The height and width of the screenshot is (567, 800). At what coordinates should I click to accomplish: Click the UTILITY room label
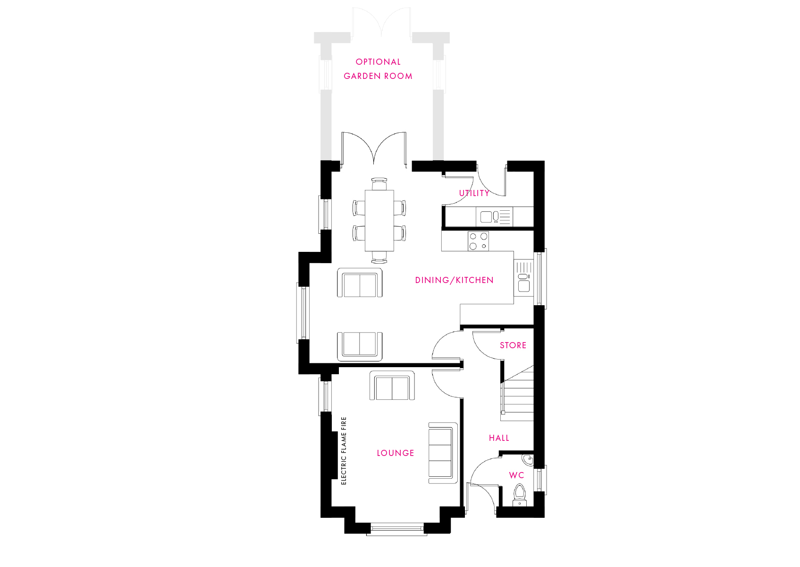474,193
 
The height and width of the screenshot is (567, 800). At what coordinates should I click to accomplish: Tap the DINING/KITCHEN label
455,280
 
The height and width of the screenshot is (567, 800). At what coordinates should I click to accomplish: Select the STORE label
513,345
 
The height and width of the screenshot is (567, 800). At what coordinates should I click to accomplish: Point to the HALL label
499,438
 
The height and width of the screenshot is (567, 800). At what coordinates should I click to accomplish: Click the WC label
516,475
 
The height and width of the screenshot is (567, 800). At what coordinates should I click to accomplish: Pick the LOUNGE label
396,453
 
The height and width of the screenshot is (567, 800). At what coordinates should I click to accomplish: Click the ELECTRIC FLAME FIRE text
344,450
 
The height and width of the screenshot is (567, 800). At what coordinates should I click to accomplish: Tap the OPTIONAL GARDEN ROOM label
378,69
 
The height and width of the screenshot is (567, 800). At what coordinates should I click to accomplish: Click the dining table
379,221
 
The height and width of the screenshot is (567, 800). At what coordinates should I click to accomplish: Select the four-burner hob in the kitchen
478,241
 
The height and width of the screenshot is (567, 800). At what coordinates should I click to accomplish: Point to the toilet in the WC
519,495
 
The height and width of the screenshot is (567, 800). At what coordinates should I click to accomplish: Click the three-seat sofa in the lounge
443,453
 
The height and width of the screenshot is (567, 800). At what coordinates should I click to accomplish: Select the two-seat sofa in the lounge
392,386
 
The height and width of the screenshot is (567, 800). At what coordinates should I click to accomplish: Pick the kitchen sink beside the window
523,278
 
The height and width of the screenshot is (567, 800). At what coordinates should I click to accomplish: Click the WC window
540,480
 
